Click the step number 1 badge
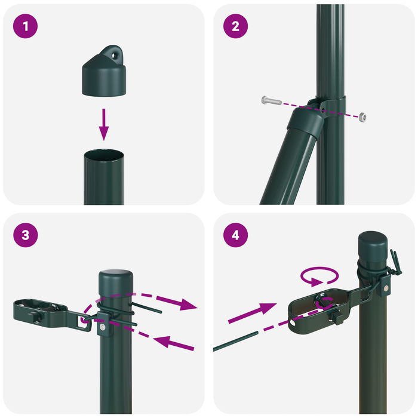(x=25, y=26)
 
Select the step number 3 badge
(x=25, y=235)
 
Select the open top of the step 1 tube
(x=104, y=156)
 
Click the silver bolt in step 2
(x=271, y=100)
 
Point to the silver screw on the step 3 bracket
(x=102, y=327)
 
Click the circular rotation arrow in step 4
(x=319, y=276)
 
